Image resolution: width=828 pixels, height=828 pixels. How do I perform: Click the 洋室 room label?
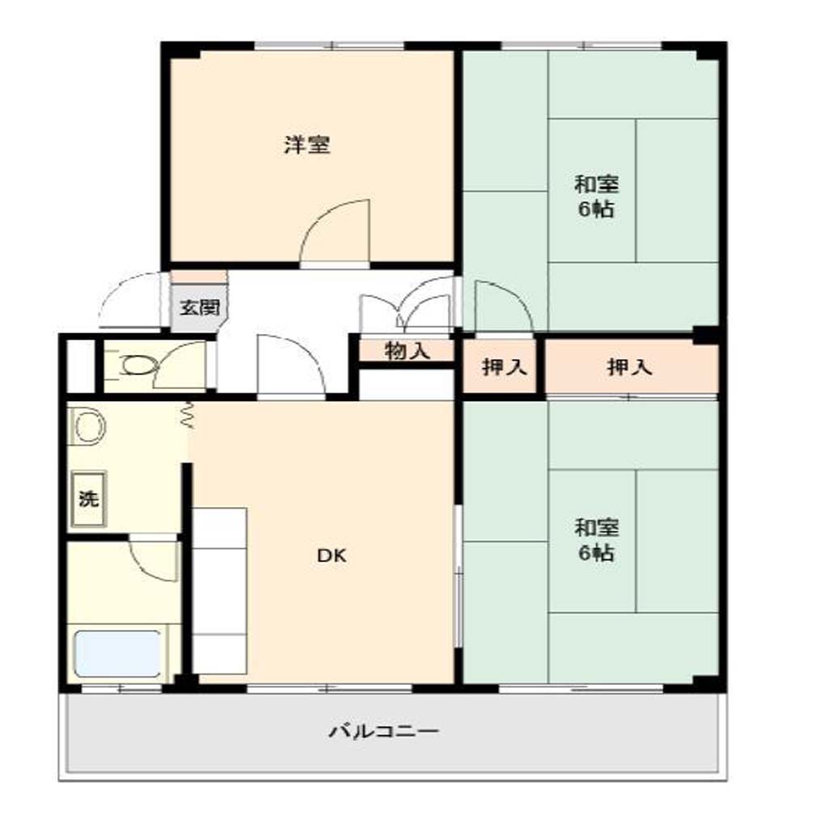[x=307, y=145]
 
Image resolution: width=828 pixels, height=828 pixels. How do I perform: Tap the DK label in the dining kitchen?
[x=332, y=555]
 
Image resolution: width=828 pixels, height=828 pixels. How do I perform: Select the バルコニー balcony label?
[x=384, y=731]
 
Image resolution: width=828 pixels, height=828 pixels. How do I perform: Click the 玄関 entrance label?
[x=200, y=307]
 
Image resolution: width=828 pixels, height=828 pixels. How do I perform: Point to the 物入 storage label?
[x=408, y=351]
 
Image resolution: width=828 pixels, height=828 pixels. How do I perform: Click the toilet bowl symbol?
[x=139, y=365]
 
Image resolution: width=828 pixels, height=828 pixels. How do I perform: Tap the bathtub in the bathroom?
[x=118, y=653]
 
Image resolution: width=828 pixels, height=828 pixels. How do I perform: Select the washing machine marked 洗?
[x=89, y=499]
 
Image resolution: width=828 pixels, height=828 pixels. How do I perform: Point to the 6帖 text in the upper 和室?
[x=596, y=209]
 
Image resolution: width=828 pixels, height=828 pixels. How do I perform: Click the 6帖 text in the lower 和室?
[x=596, y=553]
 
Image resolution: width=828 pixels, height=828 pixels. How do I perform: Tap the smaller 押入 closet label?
[x=505, y=366]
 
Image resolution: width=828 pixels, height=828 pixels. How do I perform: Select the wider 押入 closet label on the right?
[x=629, y=366]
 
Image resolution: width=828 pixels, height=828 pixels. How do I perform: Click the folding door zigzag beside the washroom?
[x=187, y=415]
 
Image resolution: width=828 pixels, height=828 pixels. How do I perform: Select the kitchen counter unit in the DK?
[x=219, y=591]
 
